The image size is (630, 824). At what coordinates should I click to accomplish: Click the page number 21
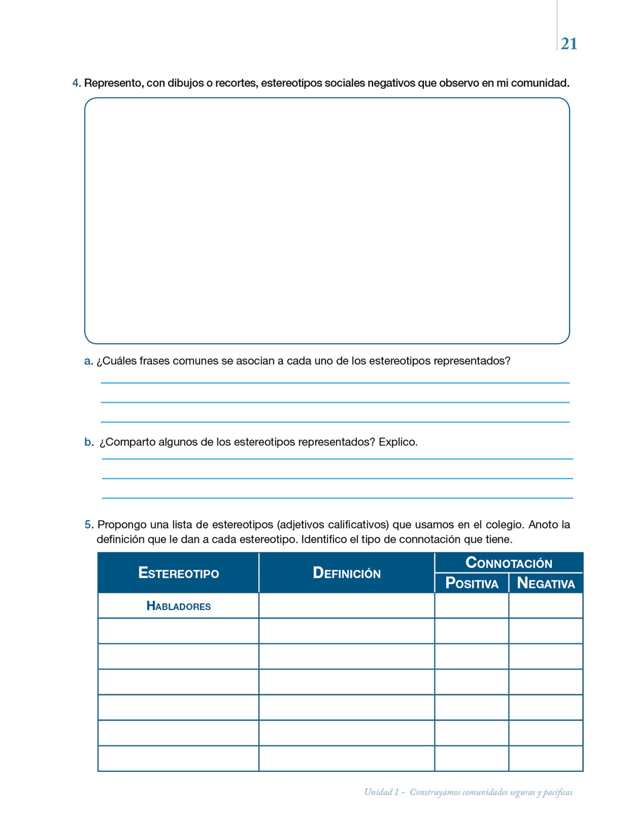(568, 44)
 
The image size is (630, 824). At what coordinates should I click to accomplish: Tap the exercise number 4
(76, 83)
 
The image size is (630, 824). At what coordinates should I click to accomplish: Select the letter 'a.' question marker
(89, 361)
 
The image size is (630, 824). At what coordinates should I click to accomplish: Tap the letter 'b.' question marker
(89, 442)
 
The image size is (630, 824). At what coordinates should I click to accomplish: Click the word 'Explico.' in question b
(398, 442)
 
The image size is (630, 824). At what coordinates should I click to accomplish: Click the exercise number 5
(89, 525)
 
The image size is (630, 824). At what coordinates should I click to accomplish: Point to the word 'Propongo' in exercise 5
(122, 525)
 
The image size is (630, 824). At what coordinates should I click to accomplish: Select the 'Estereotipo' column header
(178, 573)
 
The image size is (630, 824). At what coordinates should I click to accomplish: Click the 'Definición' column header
(346, 573)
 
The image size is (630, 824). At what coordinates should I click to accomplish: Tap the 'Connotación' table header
(509, 562)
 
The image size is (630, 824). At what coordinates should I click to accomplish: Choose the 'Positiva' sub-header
(472, 583)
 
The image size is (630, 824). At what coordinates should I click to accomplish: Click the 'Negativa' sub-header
(546, 583)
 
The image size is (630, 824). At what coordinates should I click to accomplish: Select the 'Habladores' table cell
(178, 606)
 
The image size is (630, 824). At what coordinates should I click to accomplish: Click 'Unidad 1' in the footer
(381, 792)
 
